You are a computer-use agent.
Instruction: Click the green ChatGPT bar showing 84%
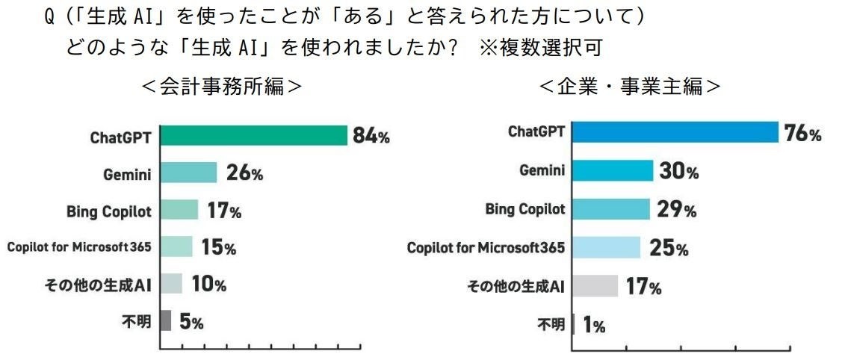coord(254,136)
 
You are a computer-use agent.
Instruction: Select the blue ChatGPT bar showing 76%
coord(675,132)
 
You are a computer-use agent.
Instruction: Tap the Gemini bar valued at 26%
coord(188,173)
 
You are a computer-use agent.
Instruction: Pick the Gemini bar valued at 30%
coord(612,171)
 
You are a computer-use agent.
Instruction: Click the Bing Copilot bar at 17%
coord(179,210)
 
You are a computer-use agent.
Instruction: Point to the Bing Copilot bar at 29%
coord(610,209)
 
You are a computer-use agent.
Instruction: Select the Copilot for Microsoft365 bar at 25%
coord(606,247)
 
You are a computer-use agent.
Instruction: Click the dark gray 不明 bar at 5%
coord(166,321)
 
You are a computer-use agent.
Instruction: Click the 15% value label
coord(218,247)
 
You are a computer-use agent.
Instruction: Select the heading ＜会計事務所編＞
coord(223,87)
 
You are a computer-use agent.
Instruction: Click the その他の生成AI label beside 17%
coord(516,286)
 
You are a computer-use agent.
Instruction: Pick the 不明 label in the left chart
coord(136,321)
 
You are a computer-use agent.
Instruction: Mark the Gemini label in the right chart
coord(542,170)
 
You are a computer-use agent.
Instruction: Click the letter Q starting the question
coord(49,16)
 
